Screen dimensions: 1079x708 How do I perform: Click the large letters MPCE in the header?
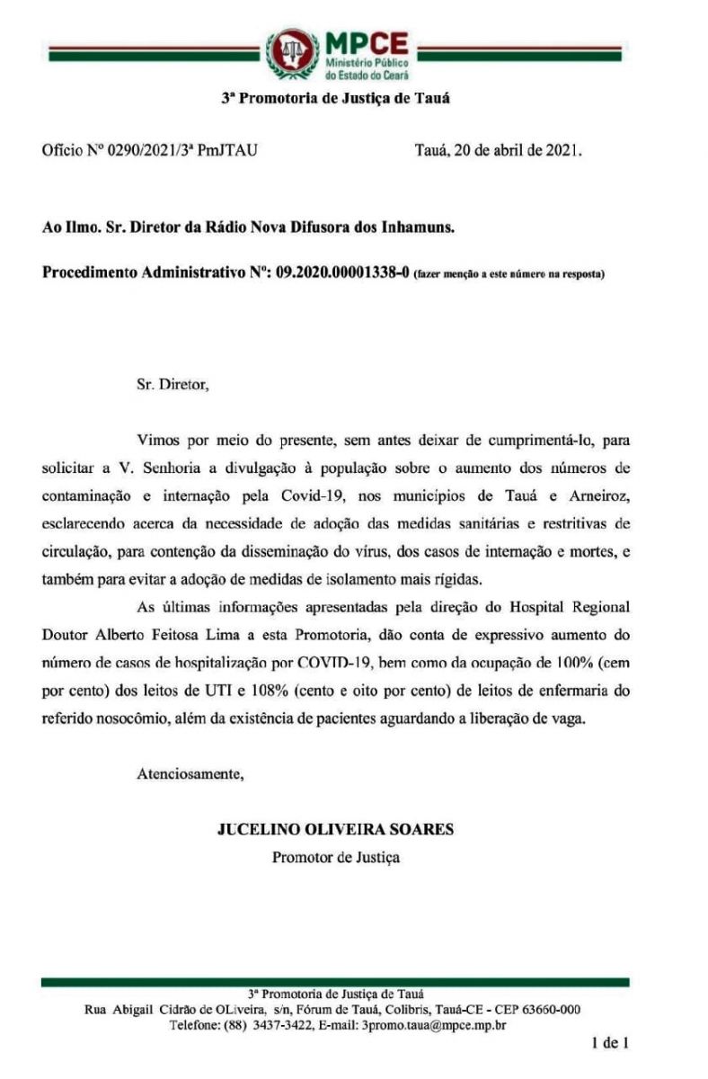(365, 42)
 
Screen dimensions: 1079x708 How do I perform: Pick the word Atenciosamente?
(189, 772)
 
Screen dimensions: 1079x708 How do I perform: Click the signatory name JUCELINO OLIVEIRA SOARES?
(336, 830)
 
